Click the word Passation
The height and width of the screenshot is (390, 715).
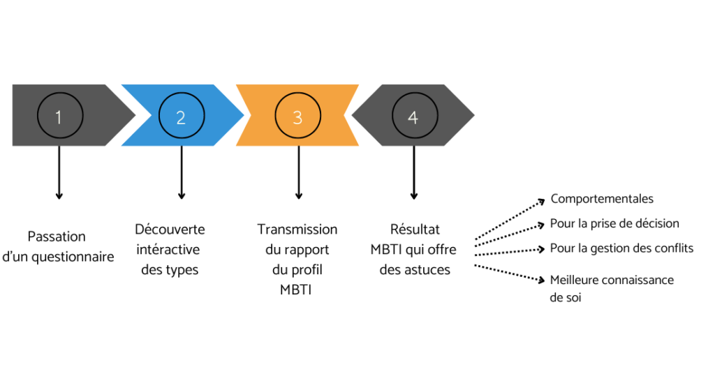click(x=57, y=237)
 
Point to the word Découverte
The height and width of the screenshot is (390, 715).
click(x=170, y=229)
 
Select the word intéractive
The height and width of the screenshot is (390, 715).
click(x=168, y=249)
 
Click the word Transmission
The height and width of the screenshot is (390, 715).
click(x=297, y=229)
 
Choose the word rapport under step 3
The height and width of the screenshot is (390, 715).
click(x=307, y=250)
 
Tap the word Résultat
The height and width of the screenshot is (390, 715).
click(x=415, y=229)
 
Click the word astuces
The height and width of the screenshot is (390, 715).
click(x=426, y=270)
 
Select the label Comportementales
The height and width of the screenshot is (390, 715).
click(x=602, y=199)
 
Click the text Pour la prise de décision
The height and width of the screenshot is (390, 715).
click(x=614, y=223)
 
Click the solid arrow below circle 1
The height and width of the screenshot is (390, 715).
click(x=59, y=173)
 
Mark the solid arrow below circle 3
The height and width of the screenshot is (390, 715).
click(x=299, y=173)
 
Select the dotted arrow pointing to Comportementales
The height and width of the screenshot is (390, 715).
click(x=510, y=219)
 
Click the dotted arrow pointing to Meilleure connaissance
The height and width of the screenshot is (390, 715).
click(x=510, y=273)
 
